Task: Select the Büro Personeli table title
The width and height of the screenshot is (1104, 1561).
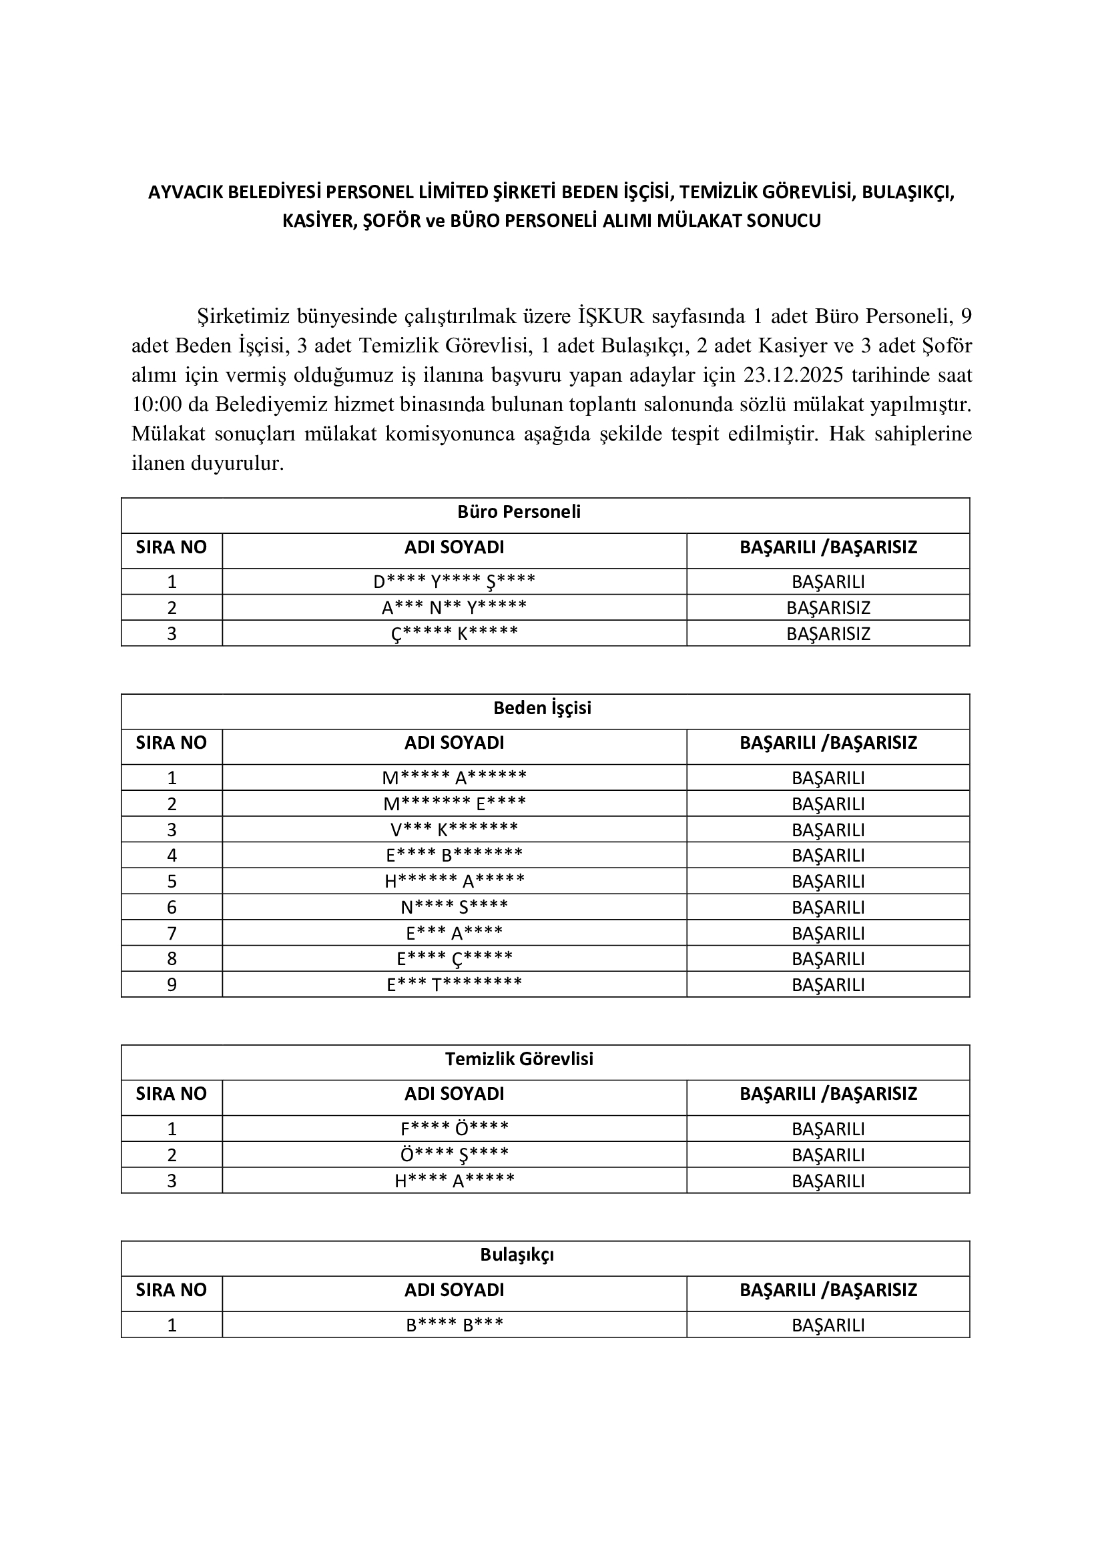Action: (519, 512)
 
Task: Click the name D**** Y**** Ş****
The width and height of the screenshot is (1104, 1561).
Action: (454, 582)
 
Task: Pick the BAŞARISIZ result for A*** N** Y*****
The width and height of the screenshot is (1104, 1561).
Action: (828, 608)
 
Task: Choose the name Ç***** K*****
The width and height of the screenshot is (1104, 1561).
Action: (454, 633)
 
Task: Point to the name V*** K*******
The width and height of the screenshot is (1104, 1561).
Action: (454, 830)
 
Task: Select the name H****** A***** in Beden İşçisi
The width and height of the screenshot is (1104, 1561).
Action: (454, 881)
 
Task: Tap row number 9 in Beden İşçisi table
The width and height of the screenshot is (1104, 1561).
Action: (172, 984)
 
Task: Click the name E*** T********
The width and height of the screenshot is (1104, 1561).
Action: (454, 984)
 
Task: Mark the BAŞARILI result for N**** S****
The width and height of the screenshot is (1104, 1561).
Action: (828, 907)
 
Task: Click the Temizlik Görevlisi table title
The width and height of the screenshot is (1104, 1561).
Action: (519, 1059)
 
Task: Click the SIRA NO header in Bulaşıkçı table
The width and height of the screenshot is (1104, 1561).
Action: (172, 1290)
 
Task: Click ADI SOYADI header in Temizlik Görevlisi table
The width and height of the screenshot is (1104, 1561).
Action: (454, 1094)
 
